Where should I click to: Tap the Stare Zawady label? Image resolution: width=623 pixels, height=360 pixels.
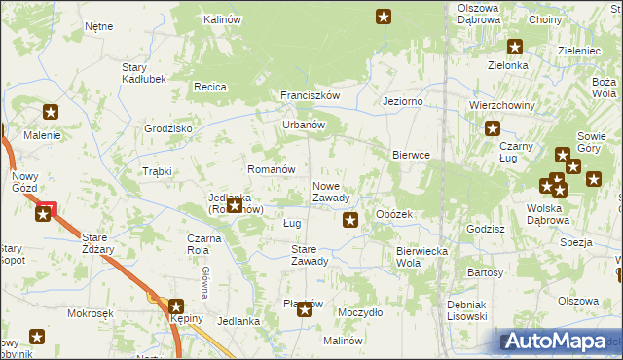(310, 255)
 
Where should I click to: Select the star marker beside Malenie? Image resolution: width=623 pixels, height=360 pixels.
(51, 113)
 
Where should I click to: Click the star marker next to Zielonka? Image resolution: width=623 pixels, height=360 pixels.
(515, 46)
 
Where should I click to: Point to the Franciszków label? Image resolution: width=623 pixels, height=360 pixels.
(310, 95)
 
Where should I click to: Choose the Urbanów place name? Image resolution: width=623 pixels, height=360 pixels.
(303, 125)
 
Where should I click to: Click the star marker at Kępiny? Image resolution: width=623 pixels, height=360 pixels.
(176, 306)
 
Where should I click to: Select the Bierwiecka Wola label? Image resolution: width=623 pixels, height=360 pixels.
(421, 257)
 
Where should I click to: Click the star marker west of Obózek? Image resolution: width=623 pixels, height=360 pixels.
(351, 221)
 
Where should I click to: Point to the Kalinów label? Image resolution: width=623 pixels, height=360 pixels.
(222, 19)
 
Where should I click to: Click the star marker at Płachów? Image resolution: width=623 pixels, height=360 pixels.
(305, 309)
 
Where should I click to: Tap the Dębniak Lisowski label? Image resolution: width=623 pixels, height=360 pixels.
(466, 310)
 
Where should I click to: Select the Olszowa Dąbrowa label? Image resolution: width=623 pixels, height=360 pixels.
(478, 14)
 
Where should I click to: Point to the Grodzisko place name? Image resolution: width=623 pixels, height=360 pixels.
(168, 128)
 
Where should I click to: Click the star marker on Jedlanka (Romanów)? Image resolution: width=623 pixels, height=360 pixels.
(235, 206)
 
